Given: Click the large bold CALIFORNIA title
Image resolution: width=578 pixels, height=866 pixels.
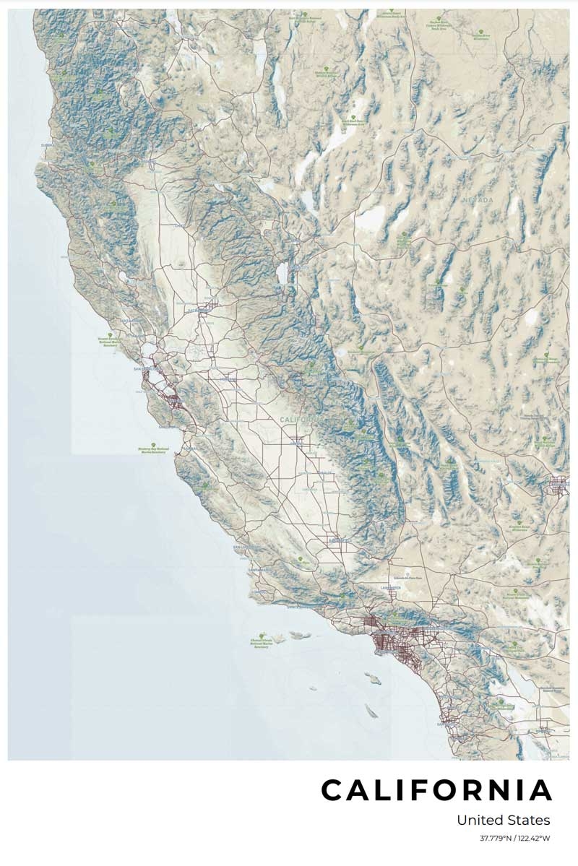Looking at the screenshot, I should click(x=436, y=790).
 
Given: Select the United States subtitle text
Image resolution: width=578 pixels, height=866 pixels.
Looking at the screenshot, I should click(x=503, y=820).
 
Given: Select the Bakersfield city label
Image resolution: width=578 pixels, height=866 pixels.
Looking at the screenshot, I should click(x=339, y=540).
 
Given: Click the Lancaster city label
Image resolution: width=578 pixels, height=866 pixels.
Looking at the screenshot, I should click(x=389, y=589).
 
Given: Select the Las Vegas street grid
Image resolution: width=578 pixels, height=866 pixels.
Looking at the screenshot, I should click(x=558, y=485).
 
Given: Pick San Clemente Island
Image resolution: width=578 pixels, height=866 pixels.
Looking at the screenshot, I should click(x=370, y=711).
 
